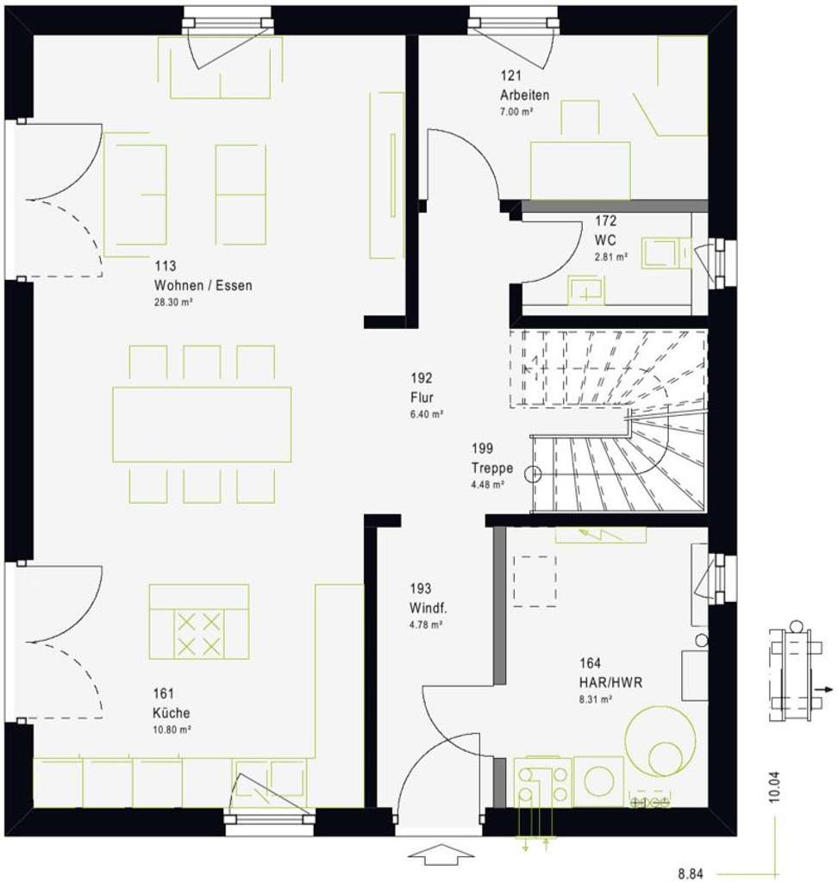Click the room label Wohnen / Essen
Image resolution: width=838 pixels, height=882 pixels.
point(203,285)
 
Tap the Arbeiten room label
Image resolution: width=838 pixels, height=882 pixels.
point(524,96)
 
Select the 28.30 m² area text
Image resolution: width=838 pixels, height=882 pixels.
point(173,302)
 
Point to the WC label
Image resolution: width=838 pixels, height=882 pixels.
point(605,239)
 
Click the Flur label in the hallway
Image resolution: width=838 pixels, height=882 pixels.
point(422,397)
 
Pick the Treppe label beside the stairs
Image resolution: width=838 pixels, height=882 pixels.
point(492,469)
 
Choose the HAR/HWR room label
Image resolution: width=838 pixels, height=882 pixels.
point(610,682)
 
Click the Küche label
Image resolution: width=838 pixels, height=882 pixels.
point(172,712)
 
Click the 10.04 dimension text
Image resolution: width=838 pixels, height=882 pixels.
point(774,787)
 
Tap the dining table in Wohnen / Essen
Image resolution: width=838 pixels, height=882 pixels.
point(202,424)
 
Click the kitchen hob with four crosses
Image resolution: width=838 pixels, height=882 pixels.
point(199,634)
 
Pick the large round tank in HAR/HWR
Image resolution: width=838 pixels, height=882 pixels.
point(661,740)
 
